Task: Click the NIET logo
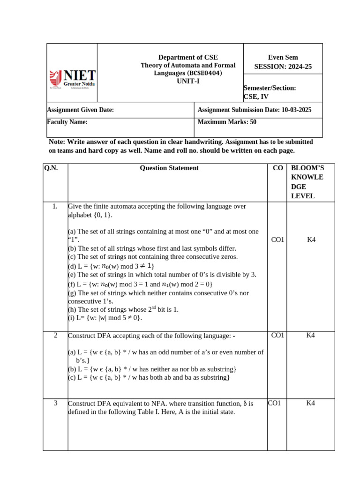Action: [x=72, y=79]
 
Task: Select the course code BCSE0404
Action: [x=204, y=73]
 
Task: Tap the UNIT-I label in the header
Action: [x=188, y=81]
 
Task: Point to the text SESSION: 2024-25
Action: [x=283, y=67]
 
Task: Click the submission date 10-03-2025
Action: [x=296, y=110]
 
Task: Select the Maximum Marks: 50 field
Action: [x=227, y=122]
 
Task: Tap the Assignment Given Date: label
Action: [x=80, y=110]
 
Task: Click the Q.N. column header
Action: [x=51, y=168]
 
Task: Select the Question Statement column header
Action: [x=169, y=168]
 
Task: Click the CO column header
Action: [x=277, y=168]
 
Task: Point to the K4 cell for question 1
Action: [x=311, y=240]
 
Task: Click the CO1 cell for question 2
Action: [x=277, y=335]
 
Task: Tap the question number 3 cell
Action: [x=55, y=403]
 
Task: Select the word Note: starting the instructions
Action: [x=57, y=142]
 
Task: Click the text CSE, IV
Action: [x=256, y=97]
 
